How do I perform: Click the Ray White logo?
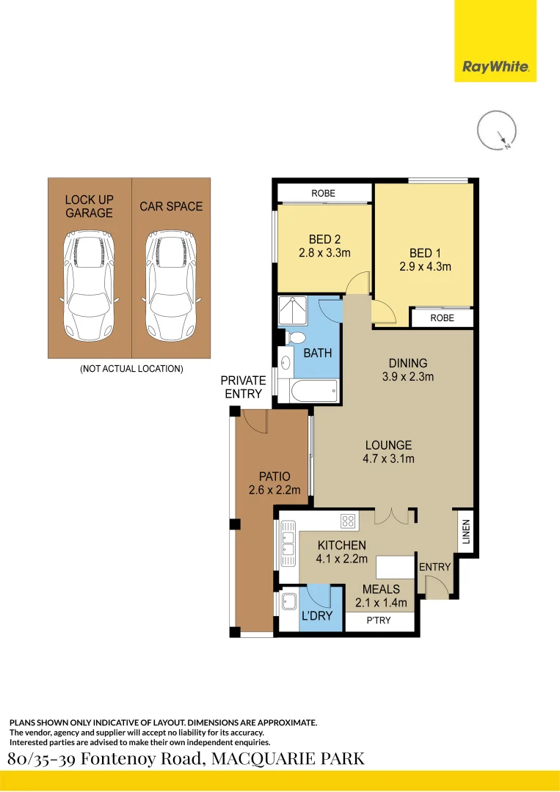coord(495,67)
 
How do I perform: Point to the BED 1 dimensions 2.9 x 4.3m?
coord(425,267)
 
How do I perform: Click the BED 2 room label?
coord(324,239)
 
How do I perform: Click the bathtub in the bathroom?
coord(313,391)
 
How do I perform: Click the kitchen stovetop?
coord(349,521)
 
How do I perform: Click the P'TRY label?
coord(378,621)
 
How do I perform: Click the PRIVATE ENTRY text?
coord(243,386)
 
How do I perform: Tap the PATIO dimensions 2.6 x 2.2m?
coord(274,491)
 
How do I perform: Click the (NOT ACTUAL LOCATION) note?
coord(131,369)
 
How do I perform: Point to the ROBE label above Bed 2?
coord(323,193)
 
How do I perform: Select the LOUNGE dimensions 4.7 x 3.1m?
coord(388,459)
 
